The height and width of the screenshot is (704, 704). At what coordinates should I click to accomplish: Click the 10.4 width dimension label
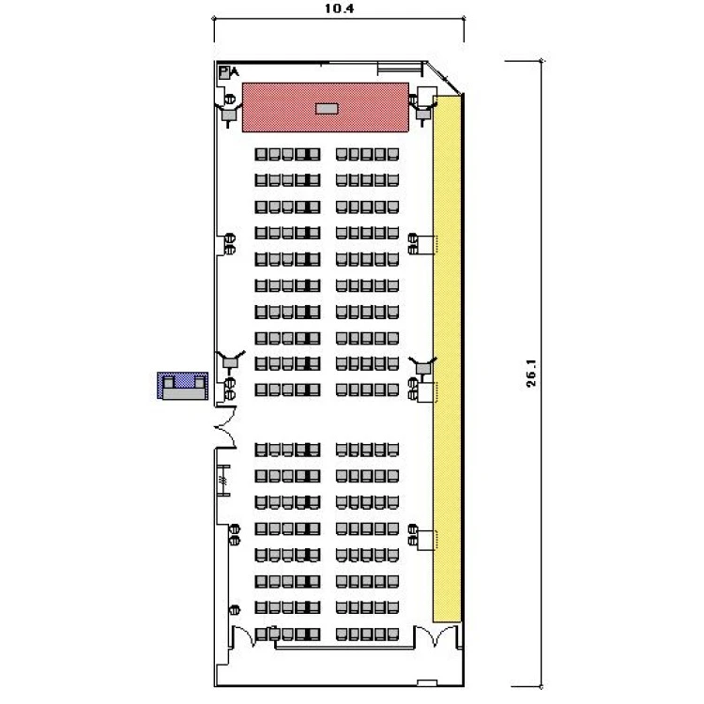point(339,8)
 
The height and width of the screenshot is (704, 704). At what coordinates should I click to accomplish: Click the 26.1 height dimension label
point(531,373)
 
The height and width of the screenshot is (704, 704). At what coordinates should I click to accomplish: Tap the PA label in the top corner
point(229,72)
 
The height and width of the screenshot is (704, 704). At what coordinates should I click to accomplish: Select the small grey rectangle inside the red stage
point(327,109)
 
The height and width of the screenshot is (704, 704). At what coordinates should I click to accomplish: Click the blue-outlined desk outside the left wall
point(182,386)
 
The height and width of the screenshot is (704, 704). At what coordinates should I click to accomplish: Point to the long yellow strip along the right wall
point(447,359)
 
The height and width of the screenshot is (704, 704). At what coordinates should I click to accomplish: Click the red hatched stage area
point(325,107)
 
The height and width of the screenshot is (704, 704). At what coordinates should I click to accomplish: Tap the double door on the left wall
point(225,427)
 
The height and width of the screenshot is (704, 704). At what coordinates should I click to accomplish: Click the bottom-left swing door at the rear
point(245,635)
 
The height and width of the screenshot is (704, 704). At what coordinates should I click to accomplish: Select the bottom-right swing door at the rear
point(436,635)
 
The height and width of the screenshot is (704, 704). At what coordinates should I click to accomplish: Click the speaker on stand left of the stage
point(229,114)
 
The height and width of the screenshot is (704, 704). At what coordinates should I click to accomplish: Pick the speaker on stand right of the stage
point(422,113)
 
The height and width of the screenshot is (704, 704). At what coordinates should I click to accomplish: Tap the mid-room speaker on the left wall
point(230,361)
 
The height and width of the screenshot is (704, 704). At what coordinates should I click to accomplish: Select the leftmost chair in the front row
point(261,155)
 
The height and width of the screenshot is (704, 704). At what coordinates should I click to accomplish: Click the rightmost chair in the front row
point(393,155)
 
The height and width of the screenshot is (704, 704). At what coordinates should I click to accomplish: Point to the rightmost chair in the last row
point(393,634)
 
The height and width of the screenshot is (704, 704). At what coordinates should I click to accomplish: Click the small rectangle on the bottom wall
point(427,683)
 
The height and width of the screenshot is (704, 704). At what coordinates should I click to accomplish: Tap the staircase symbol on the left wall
point(223,481)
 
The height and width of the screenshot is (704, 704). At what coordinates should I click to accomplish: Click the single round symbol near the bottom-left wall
point(235,610)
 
